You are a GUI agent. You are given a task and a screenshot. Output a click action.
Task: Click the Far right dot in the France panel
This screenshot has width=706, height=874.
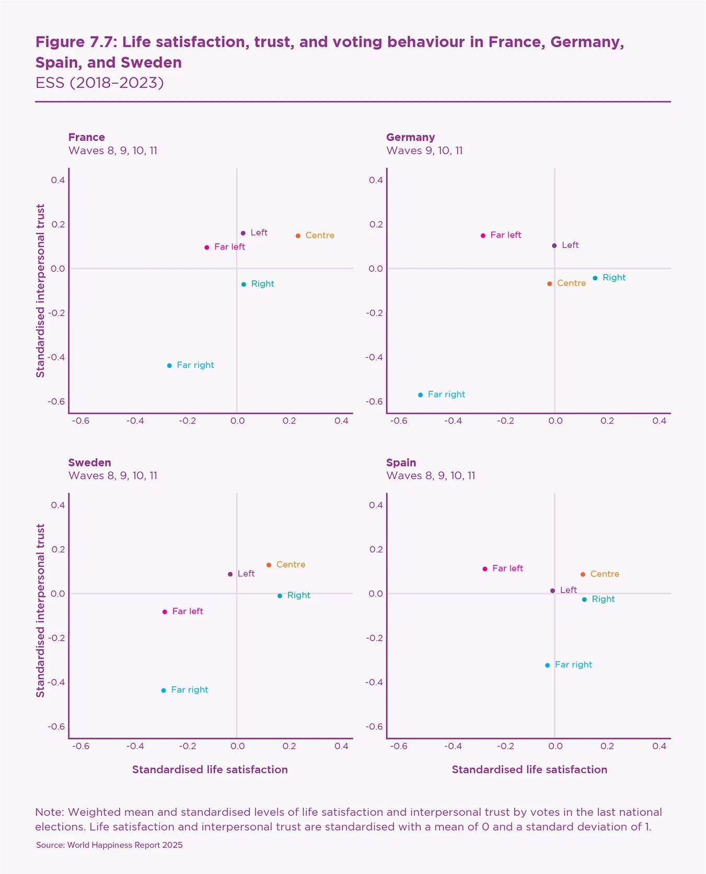[x=169, y=366]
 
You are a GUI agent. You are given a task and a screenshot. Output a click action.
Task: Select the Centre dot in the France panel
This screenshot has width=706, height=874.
[x=298, y=236]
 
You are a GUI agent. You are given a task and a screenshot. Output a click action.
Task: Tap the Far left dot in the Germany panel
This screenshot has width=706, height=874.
[x=483, y=236]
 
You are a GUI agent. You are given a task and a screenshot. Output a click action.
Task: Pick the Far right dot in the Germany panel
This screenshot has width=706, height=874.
[x=420, y=395]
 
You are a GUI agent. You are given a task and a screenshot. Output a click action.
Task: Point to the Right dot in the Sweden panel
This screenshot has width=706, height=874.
[x=280, y=596]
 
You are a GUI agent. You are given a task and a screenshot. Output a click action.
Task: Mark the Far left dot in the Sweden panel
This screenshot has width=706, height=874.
[x=165, y=612]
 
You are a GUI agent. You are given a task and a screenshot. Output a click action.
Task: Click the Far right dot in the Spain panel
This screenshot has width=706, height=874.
[x=547, y=665]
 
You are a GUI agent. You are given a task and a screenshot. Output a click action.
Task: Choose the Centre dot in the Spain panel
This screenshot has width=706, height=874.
[x=583, y=574]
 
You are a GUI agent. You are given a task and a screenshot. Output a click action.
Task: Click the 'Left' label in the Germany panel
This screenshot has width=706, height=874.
[x=570, y=245]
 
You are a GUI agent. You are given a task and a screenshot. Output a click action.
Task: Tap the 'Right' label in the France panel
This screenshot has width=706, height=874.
[x=262, y=284]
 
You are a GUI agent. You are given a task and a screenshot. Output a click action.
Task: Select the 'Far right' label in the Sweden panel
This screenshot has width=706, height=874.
[x=189, y=690]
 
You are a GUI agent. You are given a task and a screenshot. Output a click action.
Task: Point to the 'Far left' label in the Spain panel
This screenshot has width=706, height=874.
[x=507, y=569]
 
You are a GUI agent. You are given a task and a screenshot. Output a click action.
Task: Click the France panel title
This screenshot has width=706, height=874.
[x=87, y=138]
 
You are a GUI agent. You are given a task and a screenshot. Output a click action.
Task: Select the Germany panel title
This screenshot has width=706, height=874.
[x=410, y=138]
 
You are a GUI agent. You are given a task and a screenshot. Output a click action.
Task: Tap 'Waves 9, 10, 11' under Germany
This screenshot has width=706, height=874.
[x=424, y=151]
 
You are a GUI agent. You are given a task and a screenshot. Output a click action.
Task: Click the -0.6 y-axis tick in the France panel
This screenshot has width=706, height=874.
[x=56, y=402]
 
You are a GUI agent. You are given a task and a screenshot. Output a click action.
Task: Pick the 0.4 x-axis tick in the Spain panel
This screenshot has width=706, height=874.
[x=659, y=746]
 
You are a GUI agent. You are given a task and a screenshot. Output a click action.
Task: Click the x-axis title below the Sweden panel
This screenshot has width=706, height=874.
[x=210, y=769]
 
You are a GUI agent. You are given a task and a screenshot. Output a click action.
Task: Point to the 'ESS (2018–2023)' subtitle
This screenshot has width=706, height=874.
[x=99, y=83]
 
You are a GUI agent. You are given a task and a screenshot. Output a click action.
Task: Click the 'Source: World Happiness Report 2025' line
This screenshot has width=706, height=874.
[x=109, y=845]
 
